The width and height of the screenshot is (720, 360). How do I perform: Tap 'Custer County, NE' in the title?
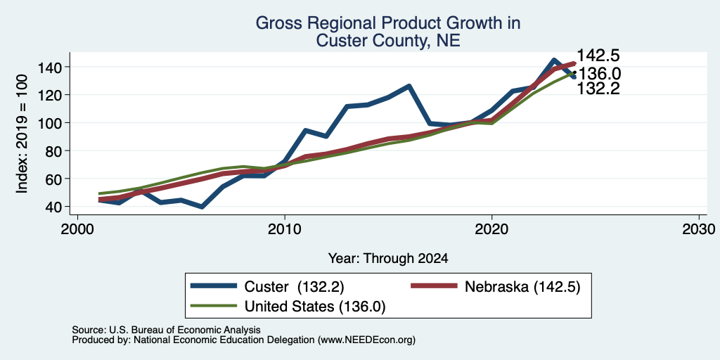tap(388, 41)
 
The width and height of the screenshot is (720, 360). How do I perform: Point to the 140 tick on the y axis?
tap(51, 67)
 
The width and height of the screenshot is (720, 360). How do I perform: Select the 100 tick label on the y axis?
tap(51, 122)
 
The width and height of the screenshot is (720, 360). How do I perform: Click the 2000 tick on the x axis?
tap(77, 229)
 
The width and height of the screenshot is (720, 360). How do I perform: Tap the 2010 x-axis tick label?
tap(285, 229)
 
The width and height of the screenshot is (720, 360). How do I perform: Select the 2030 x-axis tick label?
tap(699, 229)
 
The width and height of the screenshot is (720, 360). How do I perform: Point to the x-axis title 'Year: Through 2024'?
tap(388, 259)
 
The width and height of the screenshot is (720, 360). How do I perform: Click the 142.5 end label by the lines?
tap(598, 56)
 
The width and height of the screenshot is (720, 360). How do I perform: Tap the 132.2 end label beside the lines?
tap(598, 89)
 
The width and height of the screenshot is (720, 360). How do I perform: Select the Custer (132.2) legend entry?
tap(267, 287)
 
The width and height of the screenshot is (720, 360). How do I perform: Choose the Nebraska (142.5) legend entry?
tap(495, 287)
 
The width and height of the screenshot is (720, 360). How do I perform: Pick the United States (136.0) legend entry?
tap(288, 307)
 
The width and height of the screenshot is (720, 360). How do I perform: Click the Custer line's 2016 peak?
tap(409, 86)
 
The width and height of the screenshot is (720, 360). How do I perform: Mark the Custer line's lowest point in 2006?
tap(202, 207)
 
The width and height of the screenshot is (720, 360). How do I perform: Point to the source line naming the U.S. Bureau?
tap(166, 330)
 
